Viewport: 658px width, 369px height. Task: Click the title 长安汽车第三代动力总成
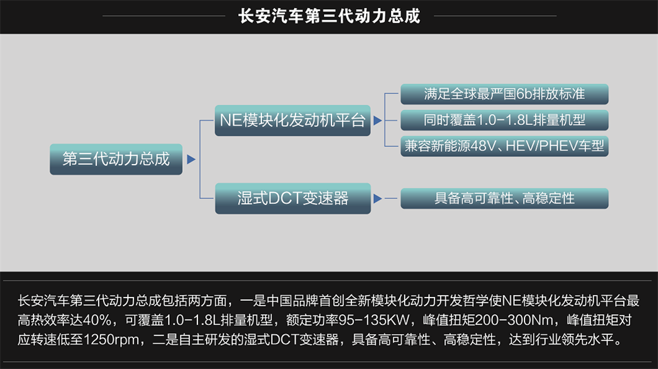coord(330,15)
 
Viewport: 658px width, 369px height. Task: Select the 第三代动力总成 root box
coord(116,159)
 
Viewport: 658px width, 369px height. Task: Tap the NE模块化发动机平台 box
coord(292,120)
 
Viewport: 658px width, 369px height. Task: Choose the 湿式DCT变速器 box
coord(292,198)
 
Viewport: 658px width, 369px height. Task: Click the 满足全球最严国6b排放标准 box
coord(504,94)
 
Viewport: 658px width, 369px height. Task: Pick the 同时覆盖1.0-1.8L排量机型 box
coord(504,120)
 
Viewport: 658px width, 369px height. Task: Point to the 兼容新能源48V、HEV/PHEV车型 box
coord(504,146)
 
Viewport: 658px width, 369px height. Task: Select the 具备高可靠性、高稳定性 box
coord(504,198)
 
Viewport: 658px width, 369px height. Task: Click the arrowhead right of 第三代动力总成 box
coord(191,160)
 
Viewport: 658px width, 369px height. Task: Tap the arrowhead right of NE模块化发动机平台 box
coord(378,120)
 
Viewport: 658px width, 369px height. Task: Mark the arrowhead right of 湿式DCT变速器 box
coord(378,199)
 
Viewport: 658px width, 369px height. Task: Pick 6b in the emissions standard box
coord(523,94)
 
